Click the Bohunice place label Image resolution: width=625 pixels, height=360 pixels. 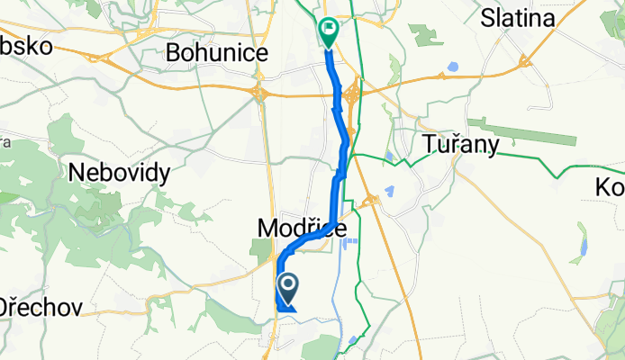click(217, 54)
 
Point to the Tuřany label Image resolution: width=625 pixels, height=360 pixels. click(461, 145)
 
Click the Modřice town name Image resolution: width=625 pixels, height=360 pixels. click(303, 229)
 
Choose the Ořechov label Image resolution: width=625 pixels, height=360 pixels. click(41, 306)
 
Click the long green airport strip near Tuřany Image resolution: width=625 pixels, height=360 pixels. click(521, 130)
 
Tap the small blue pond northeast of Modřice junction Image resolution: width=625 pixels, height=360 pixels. click(390, 192)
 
